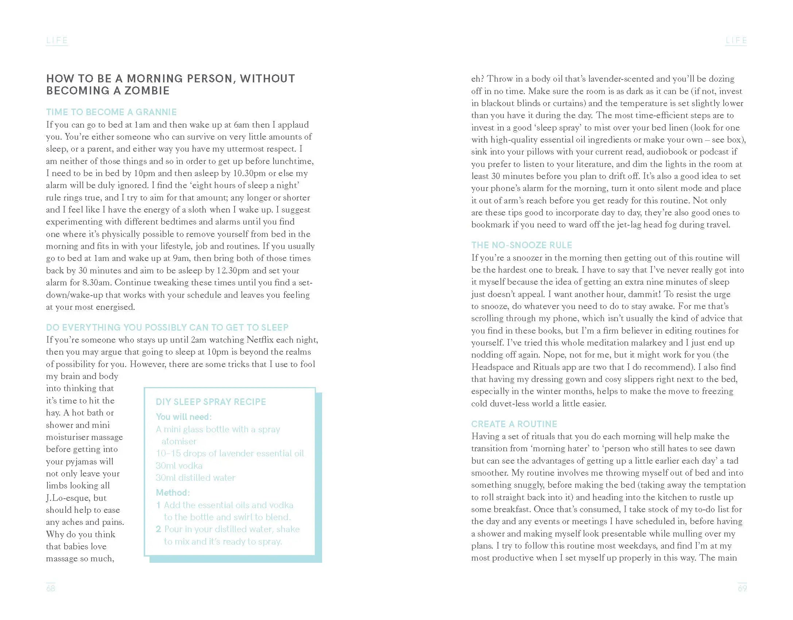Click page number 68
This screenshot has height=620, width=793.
(50, 588)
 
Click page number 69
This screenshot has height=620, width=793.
(742, 588)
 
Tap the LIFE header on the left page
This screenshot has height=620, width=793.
(57, 40)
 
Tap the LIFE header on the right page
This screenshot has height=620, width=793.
(736, 40)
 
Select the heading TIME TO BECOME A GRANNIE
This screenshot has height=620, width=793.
(111, 112)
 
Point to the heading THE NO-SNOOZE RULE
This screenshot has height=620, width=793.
(521, 245)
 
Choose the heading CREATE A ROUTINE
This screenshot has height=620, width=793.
(514, 424)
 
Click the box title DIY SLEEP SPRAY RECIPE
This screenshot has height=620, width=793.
(211, 402)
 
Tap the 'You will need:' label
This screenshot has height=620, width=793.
(183, 417)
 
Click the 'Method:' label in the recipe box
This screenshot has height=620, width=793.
(173, 493)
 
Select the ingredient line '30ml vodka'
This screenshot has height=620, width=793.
(179, 465)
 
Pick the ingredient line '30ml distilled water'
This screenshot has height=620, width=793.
(196, 477)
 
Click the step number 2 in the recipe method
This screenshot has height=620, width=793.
(158, 529)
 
